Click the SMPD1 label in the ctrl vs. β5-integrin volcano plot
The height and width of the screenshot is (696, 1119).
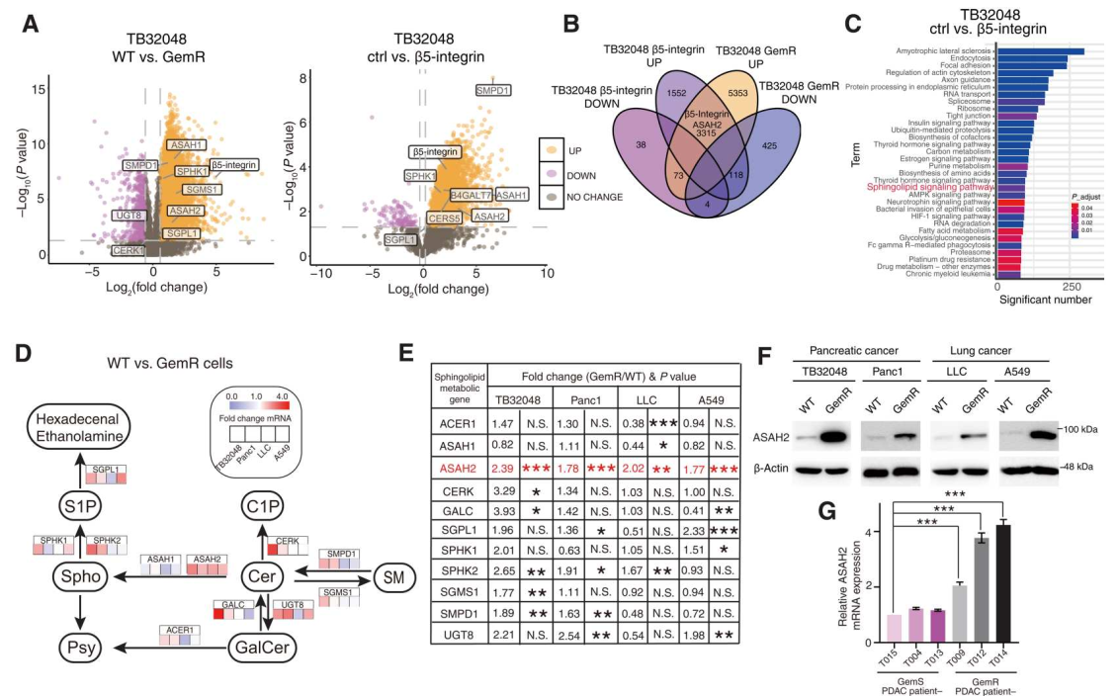(493, 90)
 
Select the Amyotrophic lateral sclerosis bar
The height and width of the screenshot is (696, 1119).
(1040, 50)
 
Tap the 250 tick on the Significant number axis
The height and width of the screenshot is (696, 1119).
(1070, 287)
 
